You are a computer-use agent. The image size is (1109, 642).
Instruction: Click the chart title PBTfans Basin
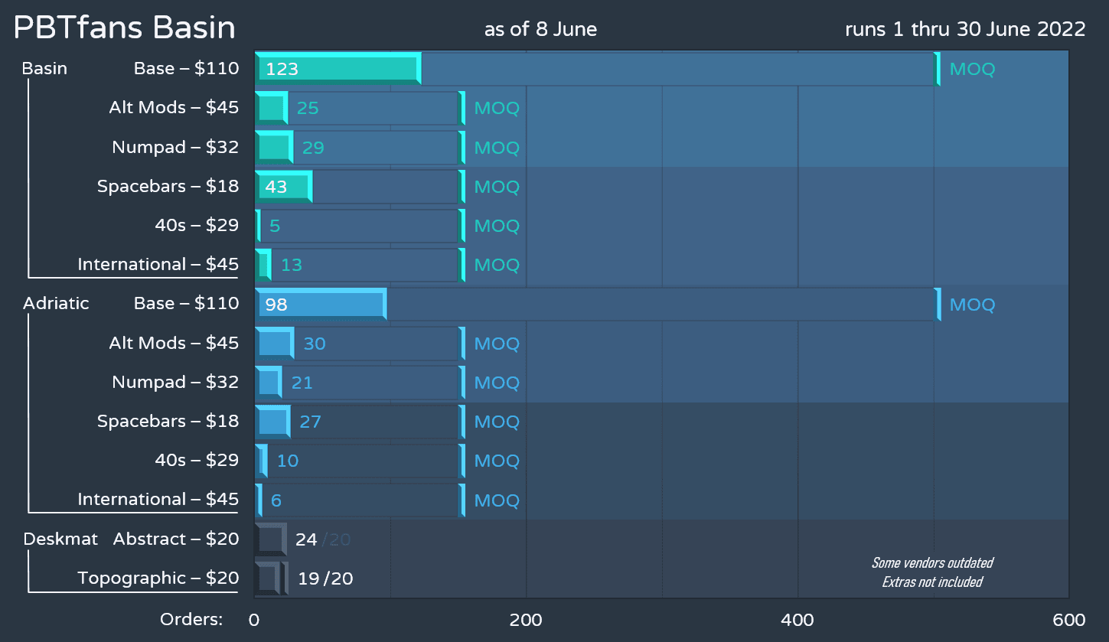click(125, 28)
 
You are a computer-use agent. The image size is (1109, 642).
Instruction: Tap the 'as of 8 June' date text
click(540, 30)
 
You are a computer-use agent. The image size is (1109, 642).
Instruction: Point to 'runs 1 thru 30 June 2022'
click(965, 30)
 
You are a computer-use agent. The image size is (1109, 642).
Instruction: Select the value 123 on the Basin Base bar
click(282, 69)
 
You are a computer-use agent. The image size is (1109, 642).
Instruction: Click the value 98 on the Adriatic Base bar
click(276, 305)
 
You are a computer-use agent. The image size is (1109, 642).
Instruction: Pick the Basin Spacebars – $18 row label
click(168, 186)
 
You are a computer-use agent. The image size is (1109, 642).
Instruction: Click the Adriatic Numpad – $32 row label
click(175, 382)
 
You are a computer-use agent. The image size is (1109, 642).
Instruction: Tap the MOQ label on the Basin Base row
click(972, 70)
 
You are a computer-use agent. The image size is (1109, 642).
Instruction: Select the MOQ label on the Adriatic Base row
click(972, 305)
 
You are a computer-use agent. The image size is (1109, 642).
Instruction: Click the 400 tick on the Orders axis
click(798, 620)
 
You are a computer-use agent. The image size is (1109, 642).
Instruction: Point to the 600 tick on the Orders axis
click(1068, 620)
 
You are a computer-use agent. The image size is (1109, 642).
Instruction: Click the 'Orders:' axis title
click(191, 620)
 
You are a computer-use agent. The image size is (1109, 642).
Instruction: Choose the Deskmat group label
click(60, 539)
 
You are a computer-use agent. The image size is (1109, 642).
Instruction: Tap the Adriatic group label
click(56, 303)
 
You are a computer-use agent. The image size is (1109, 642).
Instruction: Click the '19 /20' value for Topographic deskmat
click(325, 578)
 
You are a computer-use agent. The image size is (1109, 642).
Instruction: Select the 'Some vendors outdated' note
click(932, 563)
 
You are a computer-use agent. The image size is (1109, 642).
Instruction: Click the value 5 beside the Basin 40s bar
click(275, 226)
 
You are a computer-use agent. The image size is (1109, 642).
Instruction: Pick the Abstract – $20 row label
click(176, 539)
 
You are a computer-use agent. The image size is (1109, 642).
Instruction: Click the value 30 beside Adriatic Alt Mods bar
click(315, 344)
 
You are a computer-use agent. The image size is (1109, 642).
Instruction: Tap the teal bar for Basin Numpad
click(272, 147)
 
